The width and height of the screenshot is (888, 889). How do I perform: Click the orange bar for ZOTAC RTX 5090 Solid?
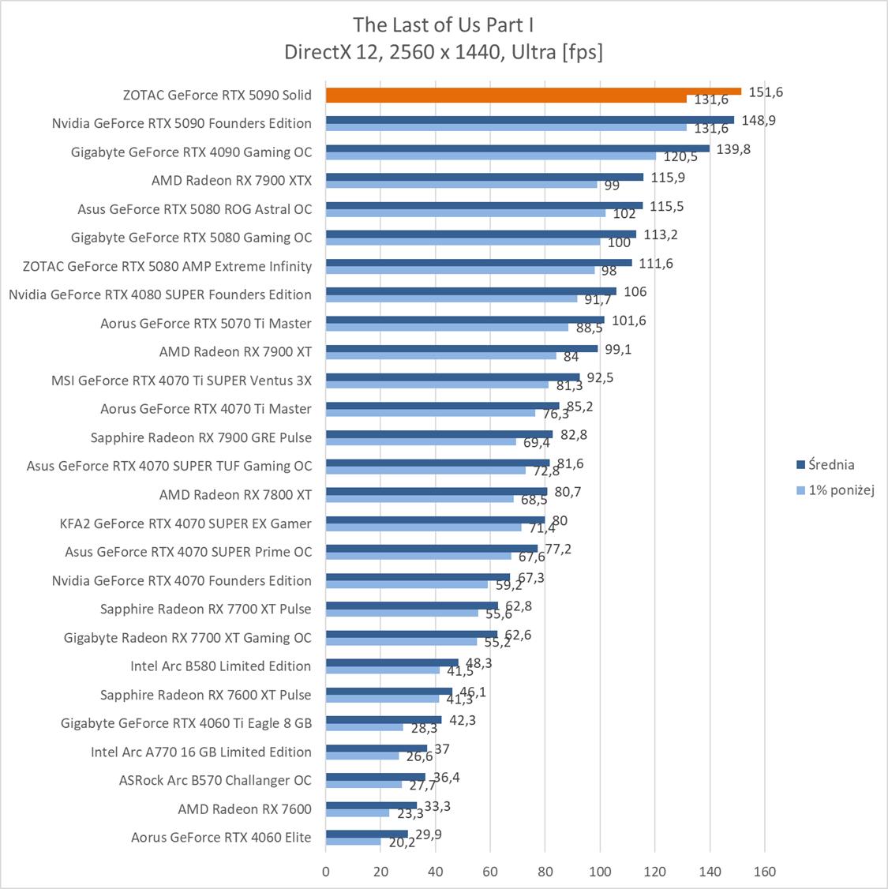(x=533, y=92)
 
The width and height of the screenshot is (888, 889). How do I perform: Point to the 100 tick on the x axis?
(x=600, y=872)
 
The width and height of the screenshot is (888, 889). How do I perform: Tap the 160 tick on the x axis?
(x=764, y=872)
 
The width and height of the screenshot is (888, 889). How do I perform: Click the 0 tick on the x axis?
(x=326, y=872)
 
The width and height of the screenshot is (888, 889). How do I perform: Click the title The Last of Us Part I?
(x=444, y=24)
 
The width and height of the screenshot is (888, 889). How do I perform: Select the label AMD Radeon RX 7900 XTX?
(x=231, y=181)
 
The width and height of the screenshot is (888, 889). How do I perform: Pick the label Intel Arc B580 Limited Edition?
(x=220, y=666)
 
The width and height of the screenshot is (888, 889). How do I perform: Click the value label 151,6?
(x=766, y=92)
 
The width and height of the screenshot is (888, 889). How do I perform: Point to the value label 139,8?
(x=733, y=149)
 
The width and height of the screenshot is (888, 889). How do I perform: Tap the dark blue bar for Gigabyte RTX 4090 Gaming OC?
(x=517, y=148)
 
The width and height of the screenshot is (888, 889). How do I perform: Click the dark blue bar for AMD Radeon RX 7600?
(x=371, y=805)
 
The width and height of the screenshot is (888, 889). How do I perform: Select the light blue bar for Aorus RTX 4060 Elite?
(x=353, y=842)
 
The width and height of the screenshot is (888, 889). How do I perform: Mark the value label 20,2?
(x=401, y=843)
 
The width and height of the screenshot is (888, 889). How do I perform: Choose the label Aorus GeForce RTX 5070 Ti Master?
(x=205, y=324)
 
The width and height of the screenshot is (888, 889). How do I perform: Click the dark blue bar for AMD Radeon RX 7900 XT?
(x=462, y=347)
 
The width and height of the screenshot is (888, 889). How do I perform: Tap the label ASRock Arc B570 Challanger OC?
(x=215, y=780)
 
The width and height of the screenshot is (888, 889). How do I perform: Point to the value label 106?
(x=635, y=292)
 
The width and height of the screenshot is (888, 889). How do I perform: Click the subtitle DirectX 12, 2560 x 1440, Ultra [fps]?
(x=444, y=52)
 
